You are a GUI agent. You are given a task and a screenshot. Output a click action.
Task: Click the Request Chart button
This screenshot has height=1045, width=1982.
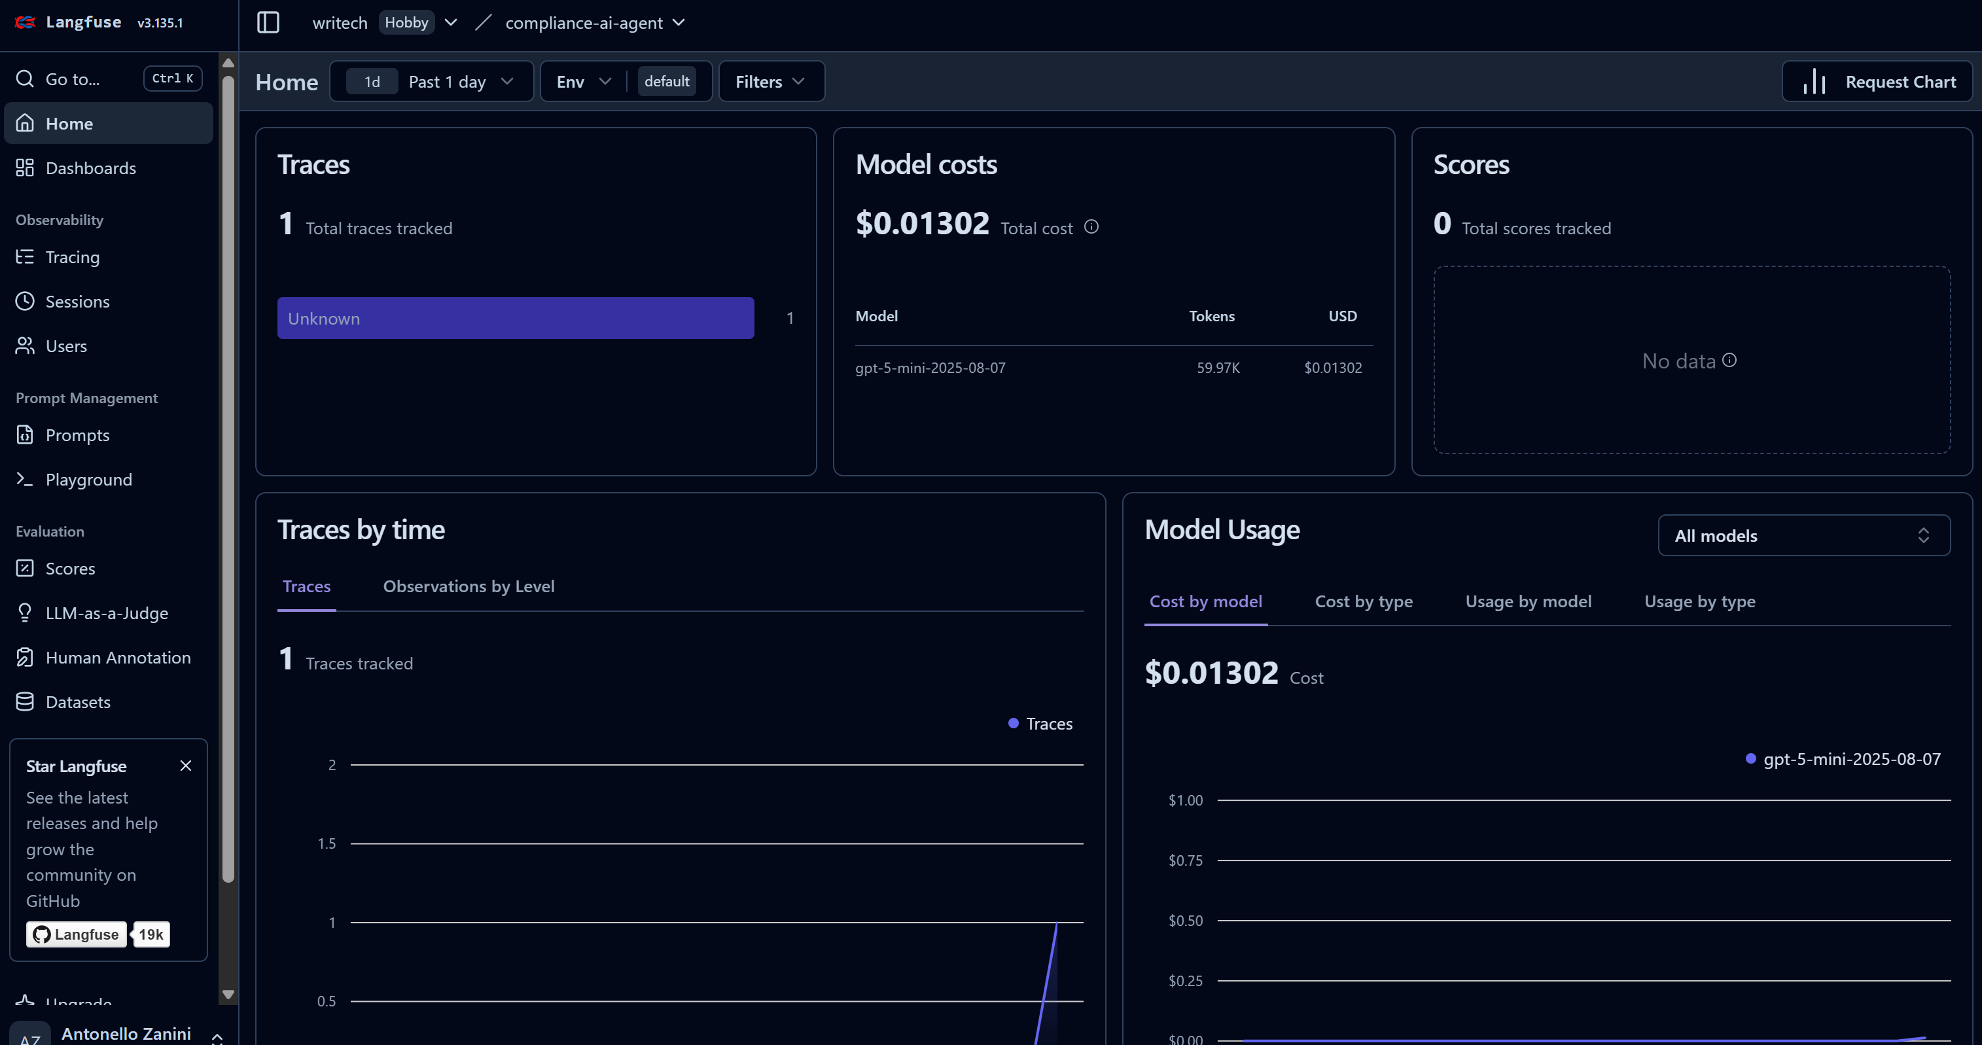pos(1877,82)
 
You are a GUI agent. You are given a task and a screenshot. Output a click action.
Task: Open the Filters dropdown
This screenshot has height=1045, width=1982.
pos(770,82)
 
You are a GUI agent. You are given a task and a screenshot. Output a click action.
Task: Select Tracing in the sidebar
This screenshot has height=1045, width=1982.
pos(73,257)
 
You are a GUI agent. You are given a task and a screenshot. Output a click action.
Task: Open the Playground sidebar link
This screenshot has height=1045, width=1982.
pos(88,480)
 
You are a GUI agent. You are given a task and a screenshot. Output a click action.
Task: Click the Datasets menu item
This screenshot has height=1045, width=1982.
pos(78,702)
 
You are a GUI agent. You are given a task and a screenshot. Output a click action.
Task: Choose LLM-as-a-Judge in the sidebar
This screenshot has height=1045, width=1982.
pos(106,613)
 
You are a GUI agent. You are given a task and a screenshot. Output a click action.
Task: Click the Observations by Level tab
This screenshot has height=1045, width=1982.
pos(469,586)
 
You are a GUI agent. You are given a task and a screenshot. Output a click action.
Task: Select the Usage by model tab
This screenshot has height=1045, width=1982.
pos(1528,602)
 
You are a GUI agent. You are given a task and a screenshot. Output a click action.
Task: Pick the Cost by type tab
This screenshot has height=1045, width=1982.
pos(1364,602)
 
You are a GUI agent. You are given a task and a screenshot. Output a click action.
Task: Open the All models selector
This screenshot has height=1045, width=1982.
pos(1803,535)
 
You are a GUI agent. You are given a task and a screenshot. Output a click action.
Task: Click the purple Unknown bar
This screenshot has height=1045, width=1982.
pos(516,318)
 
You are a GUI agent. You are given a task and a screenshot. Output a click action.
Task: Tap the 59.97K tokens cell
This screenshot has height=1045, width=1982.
pos(1218,368)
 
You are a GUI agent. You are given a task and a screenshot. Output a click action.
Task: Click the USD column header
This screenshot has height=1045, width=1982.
pos(1343,316)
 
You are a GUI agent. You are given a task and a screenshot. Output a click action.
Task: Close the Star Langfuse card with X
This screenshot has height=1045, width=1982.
pos(185,766)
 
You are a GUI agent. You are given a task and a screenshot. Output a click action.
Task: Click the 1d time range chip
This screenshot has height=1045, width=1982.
pos(372,82)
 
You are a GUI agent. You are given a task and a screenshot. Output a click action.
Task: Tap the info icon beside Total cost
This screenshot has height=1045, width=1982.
pos(1091,227)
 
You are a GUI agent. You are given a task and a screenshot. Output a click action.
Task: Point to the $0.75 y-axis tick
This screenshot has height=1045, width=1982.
pos(1185,860)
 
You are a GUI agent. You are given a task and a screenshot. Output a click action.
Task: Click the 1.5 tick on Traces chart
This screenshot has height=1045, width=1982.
pos(327,843)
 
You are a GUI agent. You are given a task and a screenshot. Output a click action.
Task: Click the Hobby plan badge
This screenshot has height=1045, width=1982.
pos(406,22)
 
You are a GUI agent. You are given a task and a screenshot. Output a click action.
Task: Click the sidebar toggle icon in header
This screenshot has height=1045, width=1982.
pos(268,22)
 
